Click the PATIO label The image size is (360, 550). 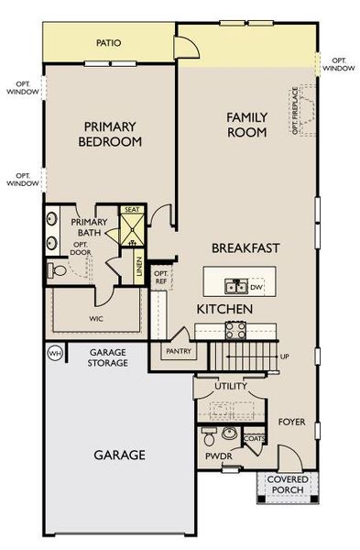[x=109, y=43]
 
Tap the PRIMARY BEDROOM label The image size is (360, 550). [x=110, y=134]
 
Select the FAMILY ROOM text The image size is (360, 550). [x=247, y=125]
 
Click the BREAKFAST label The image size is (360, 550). [x=245, y=248]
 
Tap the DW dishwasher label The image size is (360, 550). [x=256, y=286]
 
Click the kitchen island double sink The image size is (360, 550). [x=235, y=286]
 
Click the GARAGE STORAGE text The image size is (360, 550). [x=114, y=357]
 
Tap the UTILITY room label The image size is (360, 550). [x=231, y=388]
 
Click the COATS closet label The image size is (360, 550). [x=255, y=438]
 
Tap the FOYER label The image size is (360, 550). [x=293, y=422]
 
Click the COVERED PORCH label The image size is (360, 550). [x=287, y=485]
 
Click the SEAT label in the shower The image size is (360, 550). [x=131, y=210]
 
